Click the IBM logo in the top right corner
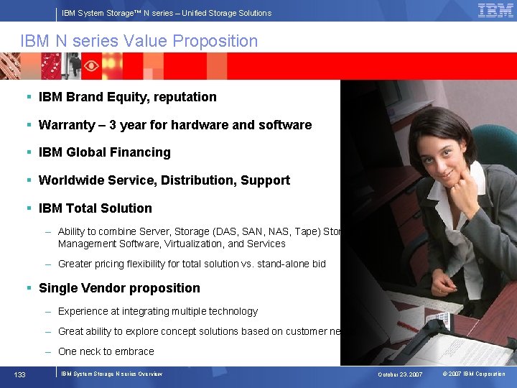pos(495,10)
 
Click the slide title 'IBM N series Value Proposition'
pos(139,41)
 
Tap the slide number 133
pos(21,374)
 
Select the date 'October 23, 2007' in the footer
pos(401,374)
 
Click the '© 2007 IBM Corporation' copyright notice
pos(473,374)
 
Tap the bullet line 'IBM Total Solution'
pos(95,208)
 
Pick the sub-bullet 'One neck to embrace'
pos(106,351)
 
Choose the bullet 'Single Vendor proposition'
pos(119,288)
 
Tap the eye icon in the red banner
pos(91,65)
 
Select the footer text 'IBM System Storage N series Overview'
pos(111,374)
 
